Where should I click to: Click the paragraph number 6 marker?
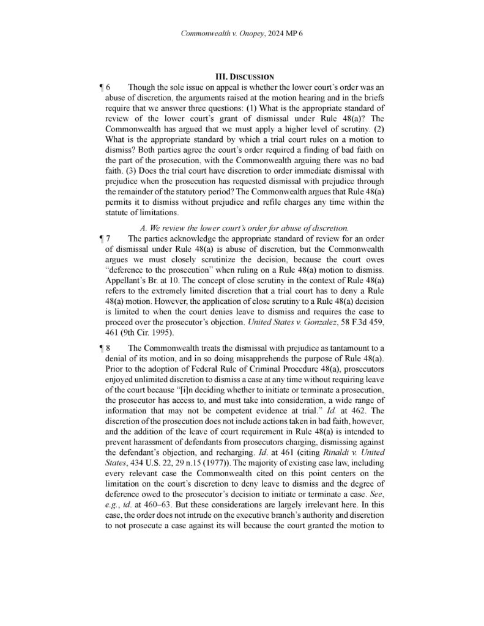(108, 87)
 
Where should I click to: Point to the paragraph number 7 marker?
(108, 237)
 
